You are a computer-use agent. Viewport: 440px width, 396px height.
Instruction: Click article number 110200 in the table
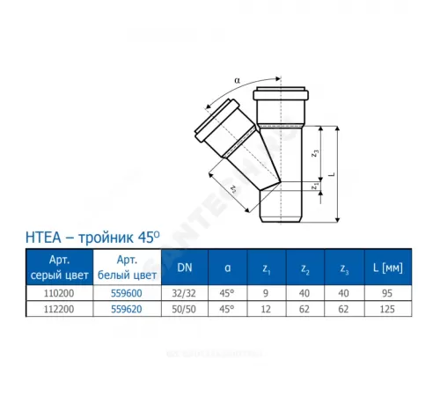tap(57, 295)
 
